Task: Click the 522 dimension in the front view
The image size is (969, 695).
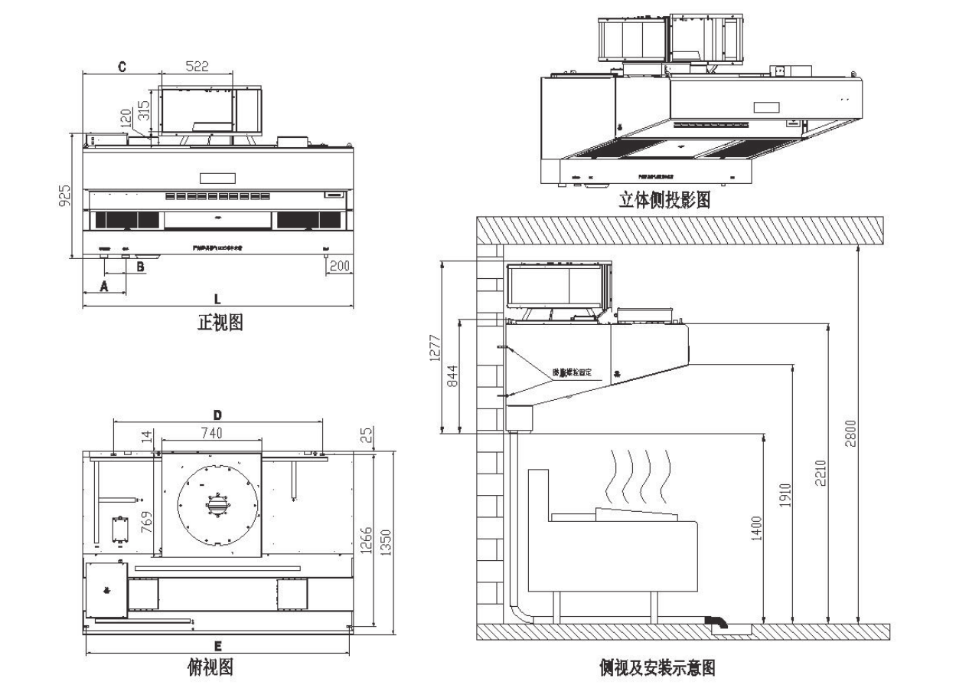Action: click(x=196, y=67)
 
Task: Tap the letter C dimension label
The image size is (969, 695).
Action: click(x=121, y=67)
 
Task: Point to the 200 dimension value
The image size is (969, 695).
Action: click(x=339, y=266)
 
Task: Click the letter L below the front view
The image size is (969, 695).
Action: click(x=218, y=297)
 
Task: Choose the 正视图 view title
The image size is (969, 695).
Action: click(x=220, y=323)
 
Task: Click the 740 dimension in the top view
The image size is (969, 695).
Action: click(x=211, y=433)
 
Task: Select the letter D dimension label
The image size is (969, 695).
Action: click(x=218, y=414)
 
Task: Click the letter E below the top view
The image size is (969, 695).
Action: click(x=218, y=645)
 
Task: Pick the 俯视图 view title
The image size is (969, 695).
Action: click(x=210, y=668)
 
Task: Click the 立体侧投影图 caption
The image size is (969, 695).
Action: click(x=664, y=201)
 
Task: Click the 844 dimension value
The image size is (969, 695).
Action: click(x=452, y=375)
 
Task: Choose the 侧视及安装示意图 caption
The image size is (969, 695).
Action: click(x=657, y=668)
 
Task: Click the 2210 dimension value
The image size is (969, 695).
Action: click(x=820, y=478)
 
